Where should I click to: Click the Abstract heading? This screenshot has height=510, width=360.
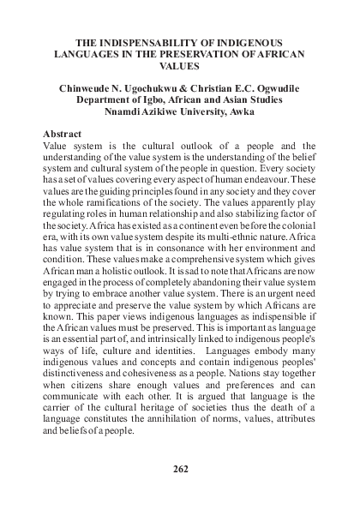(67, 135)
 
